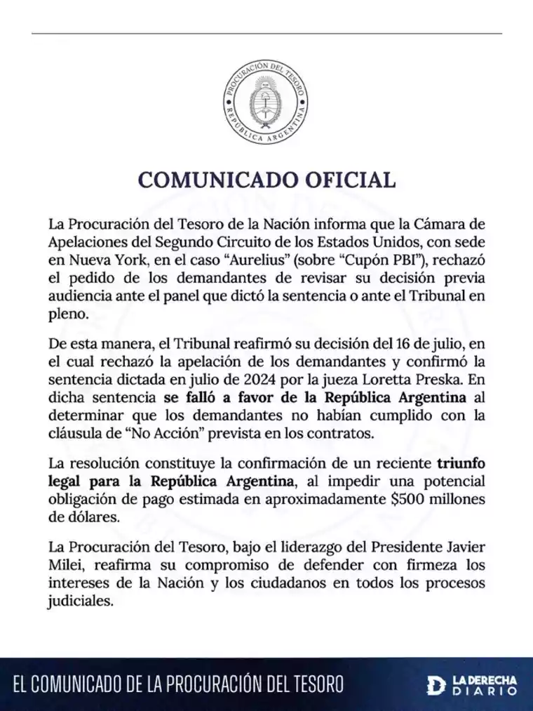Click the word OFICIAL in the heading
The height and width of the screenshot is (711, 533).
tap(345, 180)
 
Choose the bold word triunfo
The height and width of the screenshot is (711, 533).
tap(461, 464)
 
